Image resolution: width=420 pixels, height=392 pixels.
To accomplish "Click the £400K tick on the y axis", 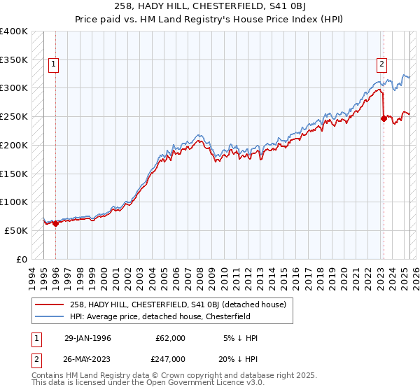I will coord(14,31).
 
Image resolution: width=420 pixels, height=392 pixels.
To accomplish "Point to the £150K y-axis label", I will coord(14,173).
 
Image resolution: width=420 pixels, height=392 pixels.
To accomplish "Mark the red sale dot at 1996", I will coord(55,224).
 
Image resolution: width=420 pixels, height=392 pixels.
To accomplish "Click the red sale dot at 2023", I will coord(384,119).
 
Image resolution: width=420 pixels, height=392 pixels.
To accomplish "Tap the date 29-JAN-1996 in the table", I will coord(88,338).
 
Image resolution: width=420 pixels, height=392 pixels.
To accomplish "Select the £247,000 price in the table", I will coord(171,358).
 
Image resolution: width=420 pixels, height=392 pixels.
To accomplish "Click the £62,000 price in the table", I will coord(171,338).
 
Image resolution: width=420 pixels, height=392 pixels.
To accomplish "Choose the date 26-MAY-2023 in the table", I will coord(88,358).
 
